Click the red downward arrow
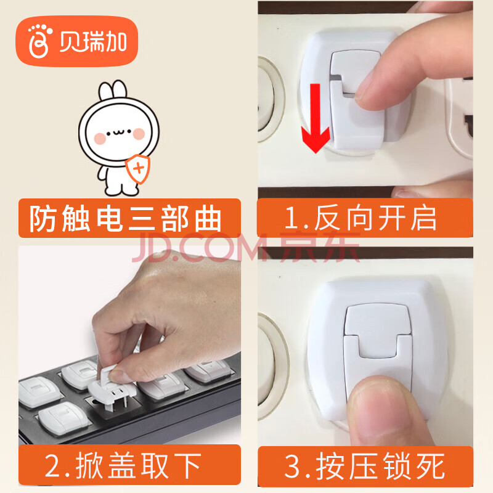pyautogui.click(x=316, y=118)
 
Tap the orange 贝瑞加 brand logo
pyautogui.click(x=77, y=41)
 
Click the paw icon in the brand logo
pyautogui.click(x=39, y=41)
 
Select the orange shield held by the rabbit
pyautogui.click(x=137, y=168)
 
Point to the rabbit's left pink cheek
pyautogui.click(x=100, y=138)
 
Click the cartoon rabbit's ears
pyautogui.click(x=113, y=89)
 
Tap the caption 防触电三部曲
pyautogui.click(x=126, y=219)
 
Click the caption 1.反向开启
pyautogui.click(x=361, y=218)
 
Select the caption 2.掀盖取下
pyautogui.click(x=123, y=465)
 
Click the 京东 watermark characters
pyautogui.click(x=320, y=248)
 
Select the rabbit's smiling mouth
pyautogui.click(x=119, y=132)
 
